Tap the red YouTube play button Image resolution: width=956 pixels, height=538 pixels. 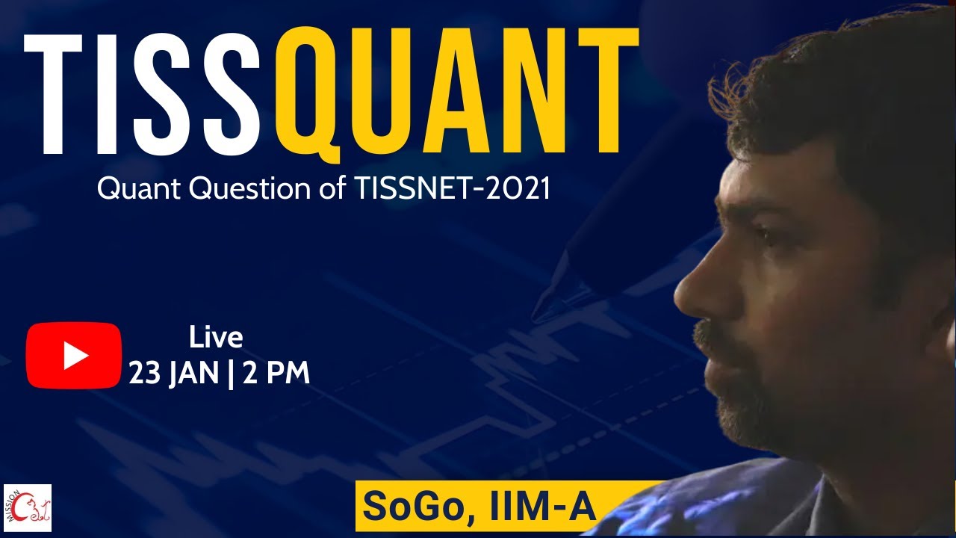pyautogui.click(x=73, y=356)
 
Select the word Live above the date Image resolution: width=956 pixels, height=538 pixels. pyautogui.click(x=216, y=338)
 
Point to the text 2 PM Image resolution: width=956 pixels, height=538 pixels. pyautogui.click(x=276, y=372)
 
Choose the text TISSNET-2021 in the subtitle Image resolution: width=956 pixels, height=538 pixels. pyautogui.click(x=448, y=188)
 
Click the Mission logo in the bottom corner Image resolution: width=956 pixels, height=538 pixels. pyautogui.click(x=28, y=507)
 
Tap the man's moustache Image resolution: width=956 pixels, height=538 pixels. pyautogui.click(x=706, y=333)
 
